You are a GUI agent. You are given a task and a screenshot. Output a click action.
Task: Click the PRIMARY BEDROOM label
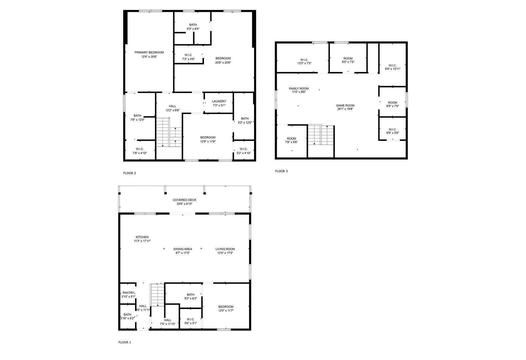(149, 53)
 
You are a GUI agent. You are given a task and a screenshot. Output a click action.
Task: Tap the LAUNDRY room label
(219, 101)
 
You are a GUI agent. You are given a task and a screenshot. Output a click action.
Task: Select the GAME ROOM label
(345, 106)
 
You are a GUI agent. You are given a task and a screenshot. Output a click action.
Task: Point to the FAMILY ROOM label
(299, 88)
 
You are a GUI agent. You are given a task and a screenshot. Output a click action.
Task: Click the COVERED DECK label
(185, 200)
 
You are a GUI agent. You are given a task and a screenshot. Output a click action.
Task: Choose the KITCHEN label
(142, 237)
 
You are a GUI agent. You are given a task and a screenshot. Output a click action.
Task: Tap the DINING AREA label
(183, 249)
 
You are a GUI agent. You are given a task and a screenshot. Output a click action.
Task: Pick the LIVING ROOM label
(225, 249)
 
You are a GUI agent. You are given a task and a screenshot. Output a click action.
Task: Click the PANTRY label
(128, 293)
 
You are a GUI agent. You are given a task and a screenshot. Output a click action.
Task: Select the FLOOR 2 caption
(129, 173)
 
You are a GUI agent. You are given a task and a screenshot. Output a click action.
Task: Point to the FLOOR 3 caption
(281, 171)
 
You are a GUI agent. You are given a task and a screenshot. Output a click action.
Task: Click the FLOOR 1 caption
(125, 342)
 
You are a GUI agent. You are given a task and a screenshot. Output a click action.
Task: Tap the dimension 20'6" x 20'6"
(223, 63)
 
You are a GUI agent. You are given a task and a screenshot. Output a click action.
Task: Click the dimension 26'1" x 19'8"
(345, 109)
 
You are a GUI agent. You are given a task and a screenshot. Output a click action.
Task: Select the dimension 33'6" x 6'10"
(185, 204)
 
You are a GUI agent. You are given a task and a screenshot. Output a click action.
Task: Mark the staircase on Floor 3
(321, 135)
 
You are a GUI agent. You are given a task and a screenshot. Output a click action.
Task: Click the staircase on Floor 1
(157, 295)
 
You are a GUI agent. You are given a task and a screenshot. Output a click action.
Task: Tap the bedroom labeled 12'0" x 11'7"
(226, 307)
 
